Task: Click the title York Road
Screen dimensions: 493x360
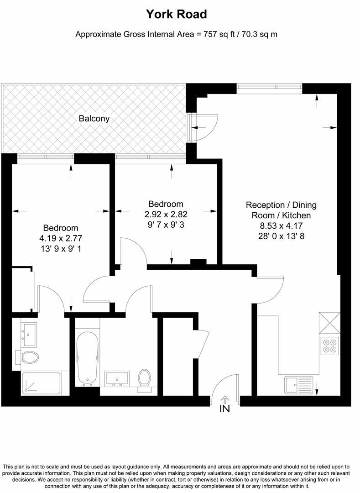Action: tap(176, 14)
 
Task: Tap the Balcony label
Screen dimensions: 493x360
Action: tap(94, 119)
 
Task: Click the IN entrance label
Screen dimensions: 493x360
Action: tap(224, 409)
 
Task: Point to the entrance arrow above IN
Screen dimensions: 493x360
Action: tap(224, 399)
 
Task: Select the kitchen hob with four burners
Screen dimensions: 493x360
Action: tap(330, 346)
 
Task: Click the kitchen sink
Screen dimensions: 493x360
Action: tap(299, 384)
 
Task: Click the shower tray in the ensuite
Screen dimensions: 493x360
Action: tap(41, 383)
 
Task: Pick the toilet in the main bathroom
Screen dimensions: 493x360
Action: tap(145, 378)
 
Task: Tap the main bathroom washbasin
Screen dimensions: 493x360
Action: tap(117, 378)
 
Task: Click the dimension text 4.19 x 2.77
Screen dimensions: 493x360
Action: tap(61, 238)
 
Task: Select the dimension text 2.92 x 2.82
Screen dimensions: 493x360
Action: tap(166, 214)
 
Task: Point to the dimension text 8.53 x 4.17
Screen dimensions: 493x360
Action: tap(281, 226)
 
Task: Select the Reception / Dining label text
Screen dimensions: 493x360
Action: tap(281, 205)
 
